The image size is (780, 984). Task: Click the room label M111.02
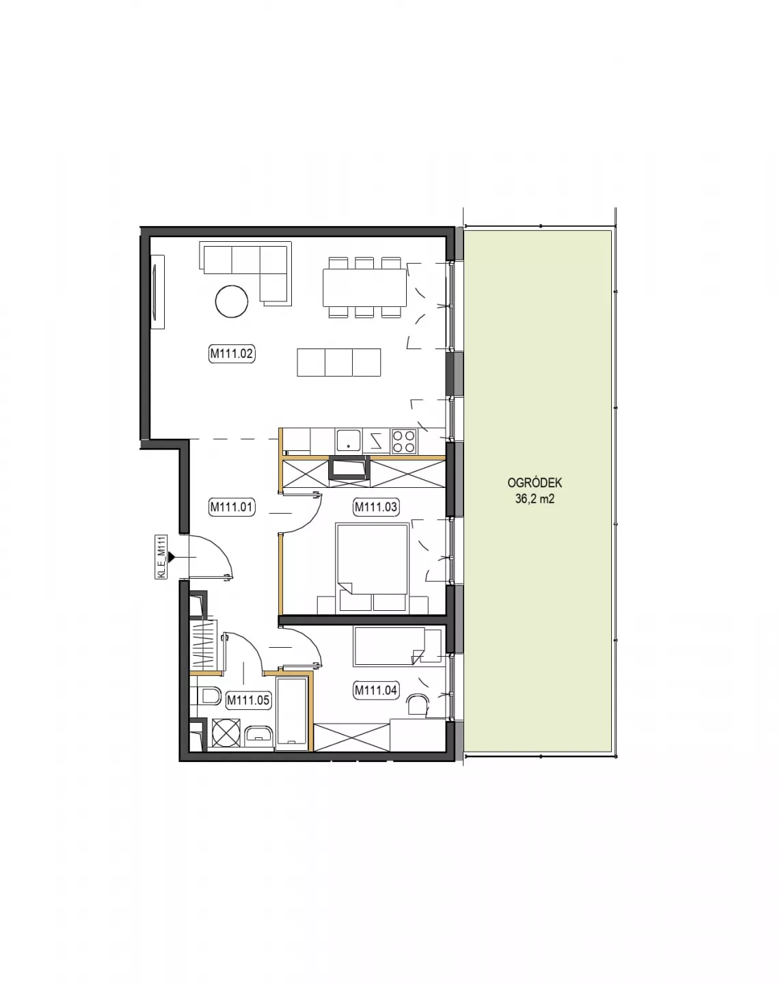[232, 353]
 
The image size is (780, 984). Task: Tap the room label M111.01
[232, 506]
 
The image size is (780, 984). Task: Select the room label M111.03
[376, 506]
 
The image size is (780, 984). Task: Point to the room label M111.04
[376, 689]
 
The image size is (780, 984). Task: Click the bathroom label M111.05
[248, 700]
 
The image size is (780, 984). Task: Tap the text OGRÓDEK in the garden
[535, 483]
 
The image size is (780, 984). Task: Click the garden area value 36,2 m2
[535, 499]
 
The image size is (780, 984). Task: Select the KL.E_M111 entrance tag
[161, 557]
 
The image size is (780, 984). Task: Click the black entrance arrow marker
[172, 557]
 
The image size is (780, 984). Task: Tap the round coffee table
[232, 301]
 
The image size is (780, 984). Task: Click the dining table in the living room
[364, 288]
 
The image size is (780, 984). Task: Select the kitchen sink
[349, 440]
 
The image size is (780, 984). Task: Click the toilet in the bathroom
[210, 696]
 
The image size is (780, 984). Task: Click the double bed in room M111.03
[371, 568]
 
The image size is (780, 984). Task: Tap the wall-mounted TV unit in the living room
[157, 292]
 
